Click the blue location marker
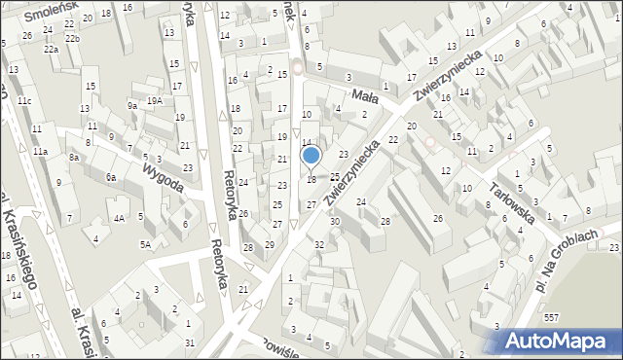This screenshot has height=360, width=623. point(311,156)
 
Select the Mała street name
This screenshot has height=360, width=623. point(364,95)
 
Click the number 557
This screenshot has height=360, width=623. point(551,318)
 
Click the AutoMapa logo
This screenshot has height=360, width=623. point(561,340)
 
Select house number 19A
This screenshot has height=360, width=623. point(154,101)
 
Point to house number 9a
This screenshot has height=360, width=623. point(132,105)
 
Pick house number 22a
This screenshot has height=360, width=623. point(50,49)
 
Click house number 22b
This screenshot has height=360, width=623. point(72,38)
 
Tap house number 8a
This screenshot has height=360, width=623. point(73,157)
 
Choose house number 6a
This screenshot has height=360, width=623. point(111,177)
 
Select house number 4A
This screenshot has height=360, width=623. point(119,219)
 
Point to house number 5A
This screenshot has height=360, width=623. point(145,244)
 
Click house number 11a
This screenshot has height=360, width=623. point(39,152)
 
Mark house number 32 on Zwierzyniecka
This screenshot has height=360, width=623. point(319,244)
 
